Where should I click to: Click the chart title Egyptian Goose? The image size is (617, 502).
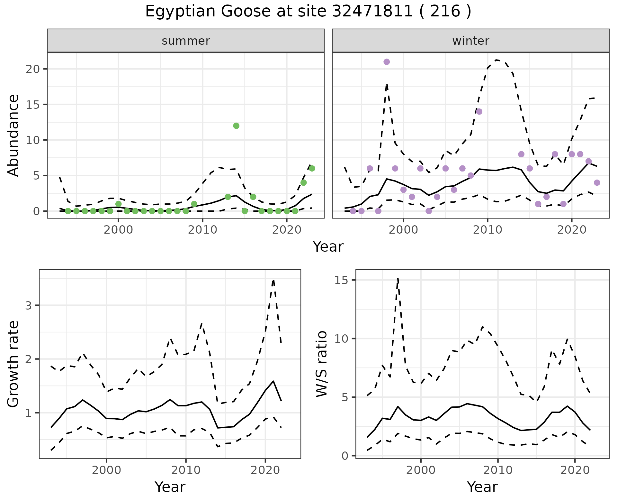(308, 12)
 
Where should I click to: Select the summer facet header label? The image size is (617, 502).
(186, 41)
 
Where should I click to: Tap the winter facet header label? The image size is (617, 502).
(470, 41)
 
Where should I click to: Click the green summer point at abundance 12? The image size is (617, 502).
(236, 126)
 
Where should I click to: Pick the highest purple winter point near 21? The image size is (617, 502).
(387, 62)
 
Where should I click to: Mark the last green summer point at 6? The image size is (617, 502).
(312, 169)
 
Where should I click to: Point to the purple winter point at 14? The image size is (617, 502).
(479, 112)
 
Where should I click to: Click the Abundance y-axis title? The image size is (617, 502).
(13, 135)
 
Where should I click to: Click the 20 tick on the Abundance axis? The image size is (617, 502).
(32, 69)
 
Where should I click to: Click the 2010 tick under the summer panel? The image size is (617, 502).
(202, 230)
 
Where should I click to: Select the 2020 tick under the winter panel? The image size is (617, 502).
(571, 230)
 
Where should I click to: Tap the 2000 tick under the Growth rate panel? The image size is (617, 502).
(107, 470)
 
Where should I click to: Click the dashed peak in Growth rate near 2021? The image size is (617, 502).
(273, 281)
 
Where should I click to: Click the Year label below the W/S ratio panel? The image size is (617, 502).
(482, 487)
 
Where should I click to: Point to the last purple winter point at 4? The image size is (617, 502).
(597, 183)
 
